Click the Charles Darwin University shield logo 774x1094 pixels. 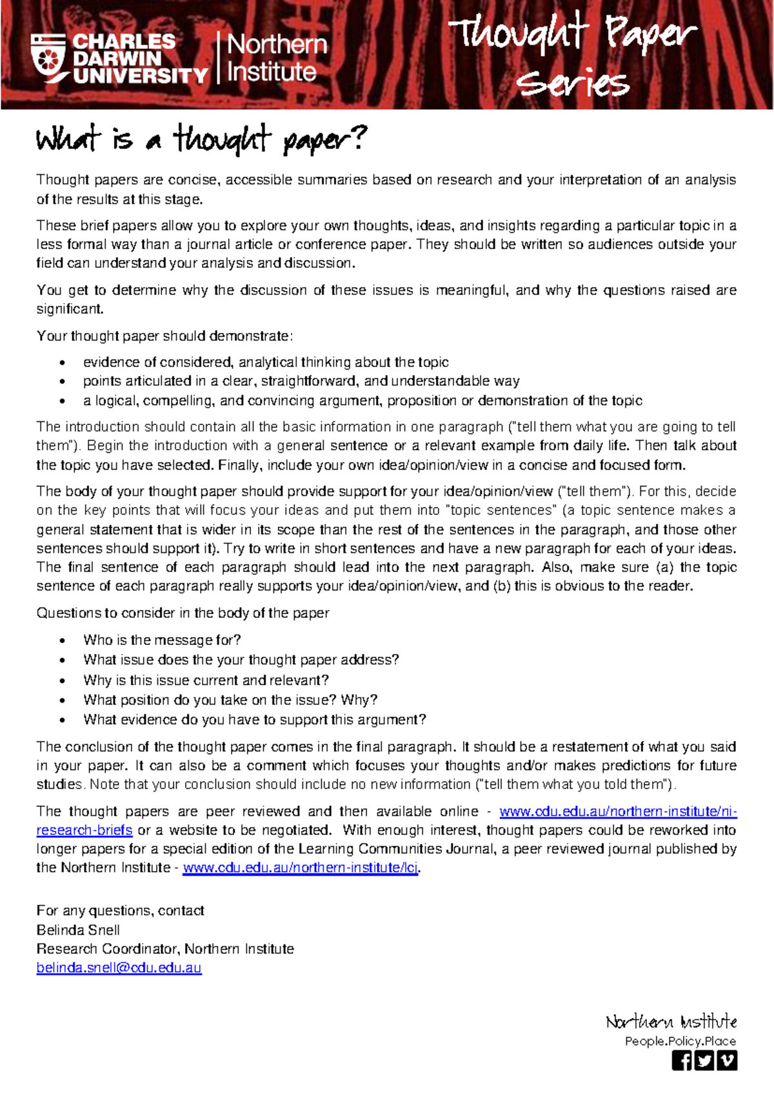pyautogui.click(x=48, y=58)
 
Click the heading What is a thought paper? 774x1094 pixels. pyautogui.click(x=201, y=139)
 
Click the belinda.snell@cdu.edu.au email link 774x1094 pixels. pyautogui.click(x=119, y=968)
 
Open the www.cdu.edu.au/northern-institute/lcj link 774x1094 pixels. pyautogui.click(x=301, y=868)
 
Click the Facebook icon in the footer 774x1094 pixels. pyautogui.click(x=682, y=1060)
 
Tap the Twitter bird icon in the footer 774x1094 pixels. pyautogui.click(x=704, y=1060)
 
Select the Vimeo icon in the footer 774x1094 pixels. pyautogui.click(x=727, y=1060)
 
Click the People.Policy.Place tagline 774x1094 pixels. pyautogui.click(x=680, y=1041)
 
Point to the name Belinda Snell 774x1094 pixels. pyautogui.click(x=78, y=930)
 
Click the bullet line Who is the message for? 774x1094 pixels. pyautogui.click(x=162, y=640)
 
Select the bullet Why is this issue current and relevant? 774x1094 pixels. pyautogui.click(x=206, y=680)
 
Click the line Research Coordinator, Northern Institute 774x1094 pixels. pyautogui.click(x=165, y=949)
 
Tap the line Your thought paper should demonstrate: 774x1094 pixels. pyautogui.click(x=164, y=335)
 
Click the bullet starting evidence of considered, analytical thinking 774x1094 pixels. pyautogui.click(x=266, y=362)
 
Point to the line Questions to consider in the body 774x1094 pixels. pyautogui.click(x=183, y=613)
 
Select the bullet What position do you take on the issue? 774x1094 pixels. pyautogui.click(x=230, y=700)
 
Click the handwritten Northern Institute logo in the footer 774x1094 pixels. pyautogui.click(x=671, y=1022)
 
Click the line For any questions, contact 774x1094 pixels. pyautogui.click(x=120, y=910)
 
